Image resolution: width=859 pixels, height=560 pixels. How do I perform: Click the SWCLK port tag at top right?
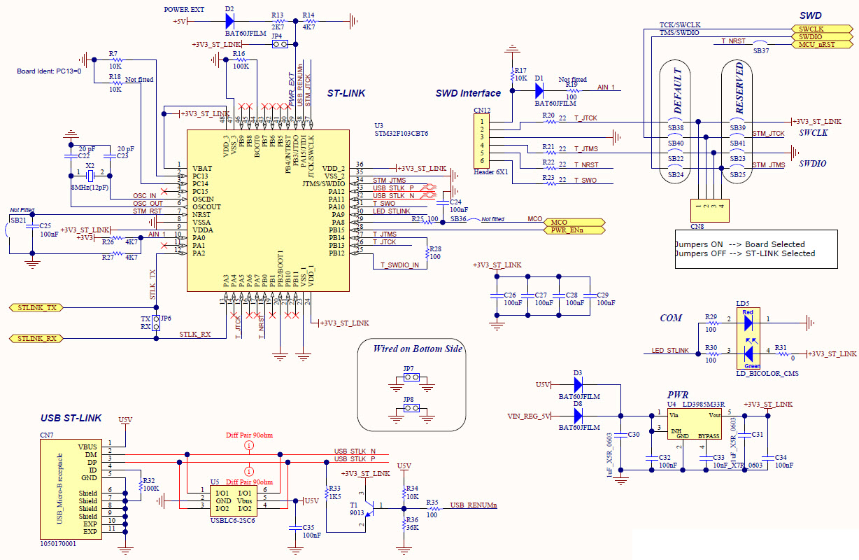[813, 29]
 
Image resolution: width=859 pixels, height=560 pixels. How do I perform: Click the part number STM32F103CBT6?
[401, 133]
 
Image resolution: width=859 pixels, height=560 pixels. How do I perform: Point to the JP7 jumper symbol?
[409, 377]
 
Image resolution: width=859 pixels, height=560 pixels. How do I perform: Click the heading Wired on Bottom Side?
[418, 349]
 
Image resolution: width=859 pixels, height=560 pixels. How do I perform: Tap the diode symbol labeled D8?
[578, 416]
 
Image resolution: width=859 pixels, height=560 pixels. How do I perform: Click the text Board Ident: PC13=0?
[50, 71]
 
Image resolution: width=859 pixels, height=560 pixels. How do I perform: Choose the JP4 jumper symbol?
[280, 45]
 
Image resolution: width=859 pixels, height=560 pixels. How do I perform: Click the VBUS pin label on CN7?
[87, 447]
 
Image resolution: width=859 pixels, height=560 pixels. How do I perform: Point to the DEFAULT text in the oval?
[676, 90]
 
